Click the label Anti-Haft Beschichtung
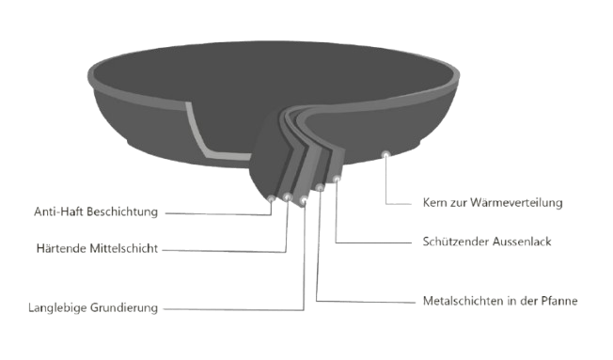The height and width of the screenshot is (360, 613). click(96, 211)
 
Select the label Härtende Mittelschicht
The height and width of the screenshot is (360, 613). click(97, 248)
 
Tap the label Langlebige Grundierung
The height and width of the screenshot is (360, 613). click(93, 308)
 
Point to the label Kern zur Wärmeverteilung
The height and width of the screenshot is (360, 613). click(493, 202)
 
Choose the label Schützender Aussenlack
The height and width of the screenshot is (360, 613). click(487, 242)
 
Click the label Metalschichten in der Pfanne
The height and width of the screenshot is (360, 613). click(500, 301)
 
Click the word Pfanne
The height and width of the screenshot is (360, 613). click(559, 301)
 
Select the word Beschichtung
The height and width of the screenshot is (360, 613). click(122, 212)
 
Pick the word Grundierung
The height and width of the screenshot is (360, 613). click(124, 308)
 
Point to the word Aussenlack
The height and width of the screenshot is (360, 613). click(522, 242)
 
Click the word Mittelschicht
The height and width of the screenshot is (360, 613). click(124, 248)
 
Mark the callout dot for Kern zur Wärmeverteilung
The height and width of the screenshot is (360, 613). click(386, 154)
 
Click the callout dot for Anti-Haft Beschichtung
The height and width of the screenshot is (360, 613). click(271, 198)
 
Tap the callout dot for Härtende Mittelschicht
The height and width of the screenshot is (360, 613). click(288, 196)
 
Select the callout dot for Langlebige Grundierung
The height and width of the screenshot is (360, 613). click(304, 200)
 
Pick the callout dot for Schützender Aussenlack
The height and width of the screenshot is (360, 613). click(337, 179)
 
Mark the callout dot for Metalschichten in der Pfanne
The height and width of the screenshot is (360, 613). click(320, 188)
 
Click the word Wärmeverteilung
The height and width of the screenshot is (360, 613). click(516, 202)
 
